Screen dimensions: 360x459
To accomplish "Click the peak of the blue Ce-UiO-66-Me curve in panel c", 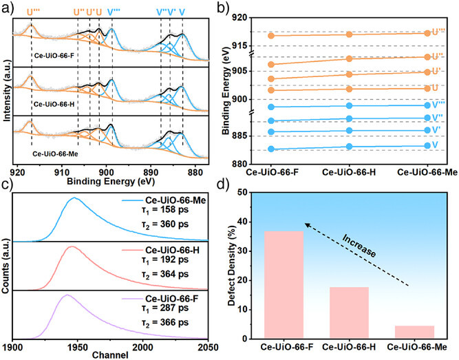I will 74,198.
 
